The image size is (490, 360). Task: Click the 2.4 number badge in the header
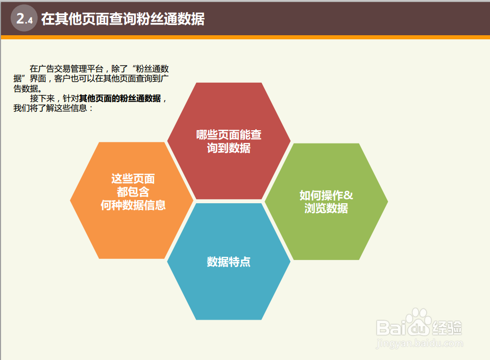coord(24,18)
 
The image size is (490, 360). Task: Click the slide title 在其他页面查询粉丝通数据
coord(123,19)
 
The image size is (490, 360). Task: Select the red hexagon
coord(229,140)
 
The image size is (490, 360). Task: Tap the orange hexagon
coord(132,200)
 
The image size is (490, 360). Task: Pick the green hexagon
coord(326,202)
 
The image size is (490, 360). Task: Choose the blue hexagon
coord(229,261)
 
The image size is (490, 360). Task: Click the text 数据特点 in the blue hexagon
coord(229,261)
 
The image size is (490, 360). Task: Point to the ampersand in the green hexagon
coord(348,195)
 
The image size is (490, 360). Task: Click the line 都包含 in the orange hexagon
coord(133,192)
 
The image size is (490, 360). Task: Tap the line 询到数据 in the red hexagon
coord(229,148)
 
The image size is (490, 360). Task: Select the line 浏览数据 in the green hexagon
coord(326,208)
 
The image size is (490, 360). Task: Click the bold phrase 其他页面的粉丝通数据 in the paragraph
coord(120,99)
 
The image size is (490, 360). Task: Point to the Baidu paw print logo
coord(419,322)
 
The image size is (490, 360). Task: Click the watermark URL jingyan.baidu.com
coord(420,344)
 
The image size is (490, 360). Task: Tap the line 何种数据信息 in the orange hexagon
coord(133,205)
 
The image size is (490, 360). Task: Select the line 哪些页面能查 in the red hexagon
coord(229,135)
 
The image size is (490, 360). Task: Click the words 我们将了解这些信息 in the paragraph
coord(51,108)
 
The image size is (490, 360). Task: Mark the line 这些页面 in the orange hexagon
coord(133,179)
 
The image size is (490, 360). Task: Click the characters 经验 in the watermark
coord(447,328)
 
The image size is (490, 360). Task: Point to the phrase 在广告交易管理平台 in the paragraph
coord(66,69)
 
